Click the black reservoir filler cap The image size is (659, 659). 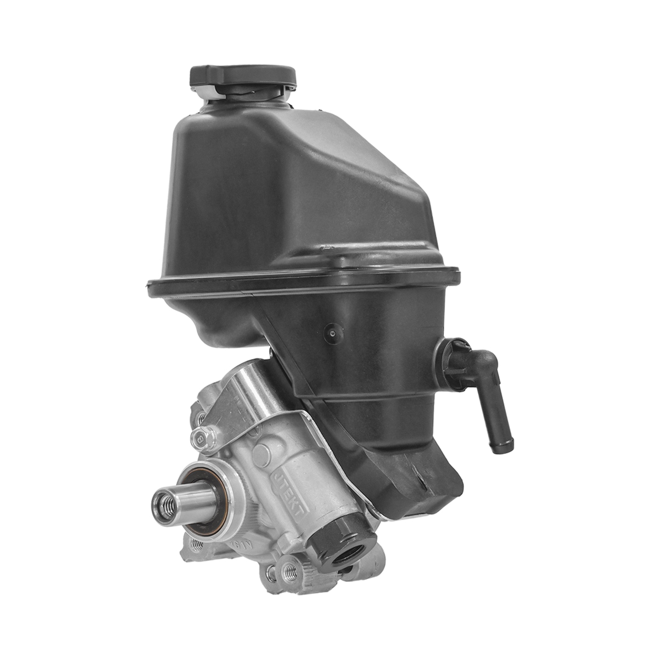[242, 77]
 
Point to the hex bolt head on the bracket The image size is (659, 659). [202, 438]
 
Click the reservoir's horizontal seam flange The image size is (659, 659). [302, 280]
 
